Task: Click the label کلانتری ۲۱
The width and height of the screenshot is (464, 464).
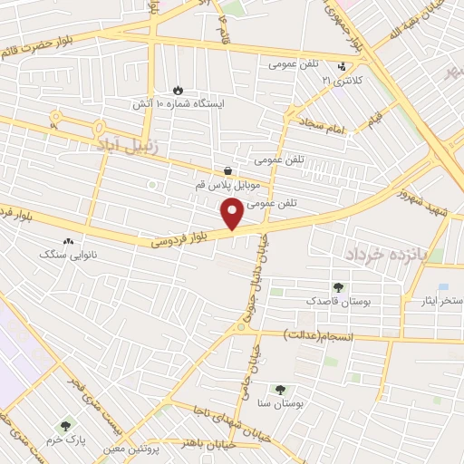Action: coord(342,81)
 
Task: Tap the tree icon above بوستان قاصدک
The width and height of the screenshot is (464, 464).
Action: coord(339,286)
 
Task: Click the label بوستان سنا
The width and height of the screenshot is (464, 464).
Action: coord(277,400)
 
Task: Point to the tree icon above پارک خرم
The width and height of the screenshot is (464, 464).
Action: coord(65,424)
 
